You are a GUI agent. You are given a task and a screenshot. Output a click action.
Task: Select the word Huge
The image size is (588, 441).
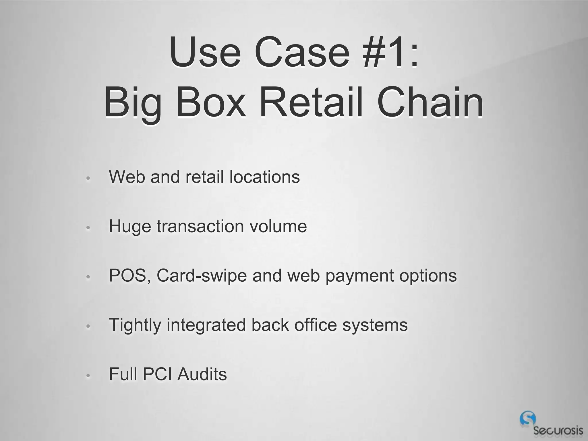[130, 227]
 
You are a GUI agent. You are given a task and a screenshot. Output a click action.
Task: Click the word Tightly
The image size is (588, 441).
[135, 326]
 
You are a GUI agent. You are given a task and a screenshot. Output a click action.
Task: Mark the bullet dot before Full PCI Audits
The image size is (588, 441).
[88, 376]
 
